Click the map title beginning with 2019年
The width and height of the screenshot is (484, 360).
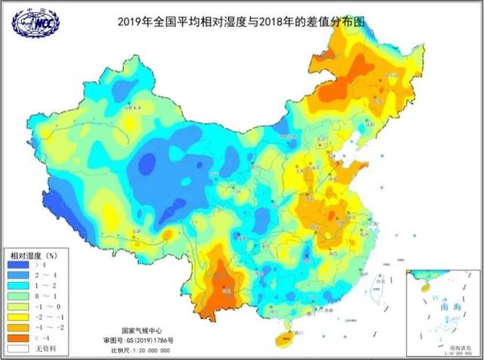pos(241,22)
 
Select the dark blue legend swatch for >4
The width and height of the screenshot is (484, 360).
pos(17,265)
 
